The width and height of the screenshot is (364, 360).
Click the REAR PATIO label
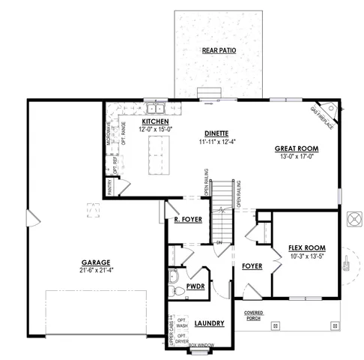coord(219,50)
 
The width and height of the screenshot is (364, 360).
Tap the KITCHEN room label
coord(155,121)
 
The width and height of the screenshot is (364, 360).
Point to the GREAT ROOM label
coord(297,148)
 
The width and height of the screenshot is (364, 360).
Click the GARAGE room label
coord(95,262)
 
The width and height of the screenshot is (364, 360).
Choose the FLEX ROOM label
coord(306,247)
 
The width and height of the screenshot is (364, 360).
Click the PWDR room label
coord(196,286)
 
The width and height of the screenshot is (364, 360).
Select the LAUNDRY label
coord(210,323)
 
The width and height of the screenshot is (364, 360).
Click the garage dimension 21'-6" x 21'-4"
coord(95,270)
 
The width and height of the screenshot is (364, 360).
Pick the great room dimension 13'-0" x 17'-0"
coord(297,156)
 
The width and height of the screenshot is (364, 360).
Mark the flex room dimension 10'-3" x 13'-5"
coord(306,256)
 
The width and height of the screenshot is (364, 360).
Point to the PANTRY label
coord(109,186)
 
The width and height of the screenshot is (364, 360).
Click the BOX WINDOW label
coord(201,344)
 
